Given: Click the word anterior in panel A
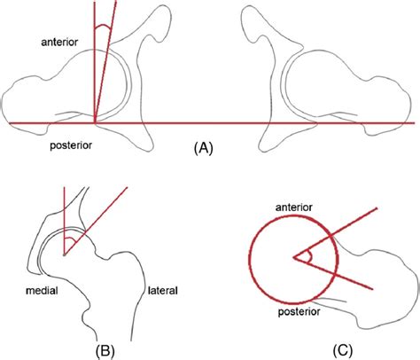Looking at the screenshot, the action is pos(59,42).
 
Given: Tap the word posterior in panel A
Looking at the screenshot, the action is pos(71,145).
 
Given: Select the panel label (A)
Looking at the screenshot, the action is pos(204,148).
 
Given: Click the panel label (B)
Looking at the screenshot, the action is pos(105,351).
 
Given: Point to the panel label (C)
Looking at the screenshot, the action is pos(343,351).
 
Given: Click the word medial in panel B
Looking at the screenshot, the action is pos(42,291).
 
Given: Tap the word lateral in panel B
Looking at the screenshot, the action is pos(163,291).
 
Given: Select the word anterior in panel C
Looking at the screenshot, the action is pos(294,207).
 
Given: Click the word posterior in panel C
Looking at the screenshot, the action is pos(299,311).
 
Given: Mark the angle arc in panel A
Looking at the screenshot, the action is pos(103,27).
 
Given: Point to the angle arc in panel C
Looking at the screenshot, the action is pos(310,256).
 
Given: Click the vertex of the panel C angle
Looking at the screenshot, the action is pos(293,257).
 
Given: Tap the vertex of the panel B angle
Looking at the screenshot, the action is pos(64,254).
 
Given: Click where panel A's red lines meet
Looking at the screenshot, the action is pos(95,122).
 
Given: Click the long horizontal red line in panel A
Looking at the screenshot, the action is pos(212,122).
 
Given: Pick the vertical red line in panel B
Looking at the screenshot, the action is pos(64,220).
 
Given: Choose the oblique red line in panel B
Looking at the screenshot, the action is pos(96,220).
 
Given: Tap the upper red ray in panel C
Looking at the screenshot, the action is pos(336,232).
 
